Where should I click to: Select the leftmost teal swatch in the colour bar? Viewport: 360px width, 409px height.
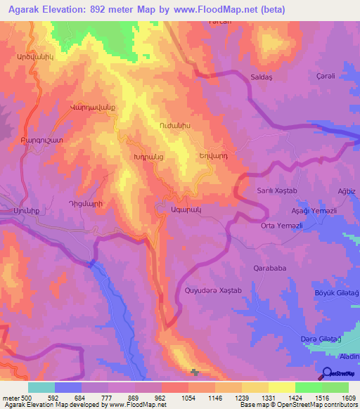pyautogui.click(x=41, y=387)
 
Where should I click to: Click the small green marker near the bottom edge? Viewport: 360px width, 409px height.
pyautogui.click(x=195, y=372)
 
